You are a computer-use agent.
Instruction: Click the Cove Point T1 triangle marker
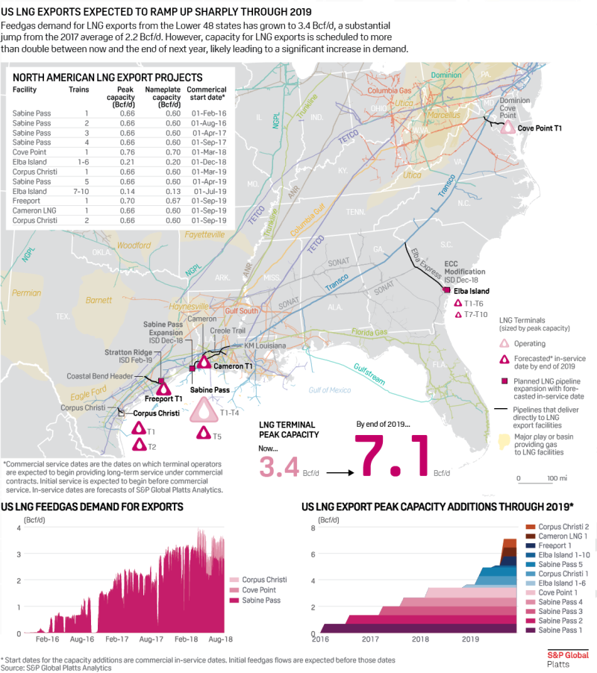[x=508, y=128]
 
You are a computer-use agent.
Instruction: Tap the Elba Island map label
[x=469, y=290]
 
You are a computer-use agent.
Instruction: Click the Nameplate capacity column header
[x=166, y=97]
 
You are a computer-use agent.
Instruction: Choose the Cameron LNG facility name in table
[x=34, y=211]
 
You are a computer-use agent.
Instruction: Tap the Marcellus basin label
[x=443, y=115]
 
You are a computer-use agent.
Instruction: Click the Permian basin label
[x=27, y=293]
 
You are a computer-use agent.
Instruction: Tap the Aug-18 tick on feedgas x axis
[x=216, y=640]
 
